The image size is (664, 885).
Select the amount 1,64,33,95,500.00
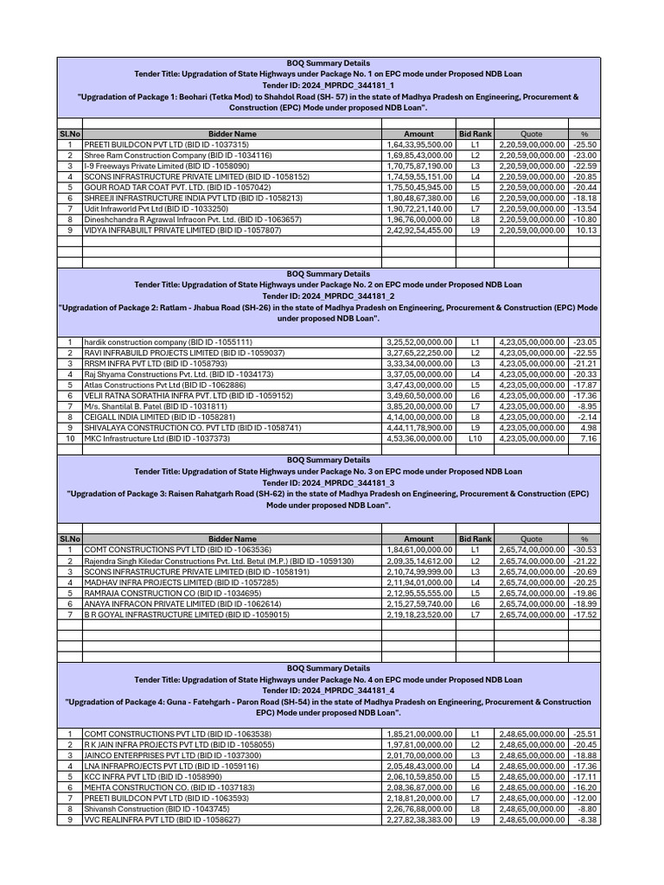coord(419,144)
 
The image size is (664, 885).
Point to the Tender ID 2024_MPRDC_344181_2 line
coord(328,296)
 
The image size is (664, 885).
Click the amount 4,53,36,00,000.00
coord(419,438)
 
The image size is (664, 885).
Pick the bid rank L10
coord(475,438)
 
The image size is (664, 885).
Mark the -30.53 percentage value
coord(585,549)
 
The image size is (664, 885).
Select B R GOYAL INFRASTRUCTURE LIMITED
coord(186,614)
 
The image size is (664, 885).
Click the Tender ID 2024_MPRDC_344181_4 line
coord(328,691)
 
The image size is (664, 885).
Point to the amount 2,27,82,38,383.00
coord(419,819)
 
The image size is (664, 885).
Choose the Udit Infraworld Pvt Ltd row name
coord(156,209)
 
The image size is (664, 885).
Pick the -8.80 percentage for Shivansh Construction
coord(585,808)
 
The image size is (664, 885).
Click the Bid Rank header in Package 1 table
coord(475,134)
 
